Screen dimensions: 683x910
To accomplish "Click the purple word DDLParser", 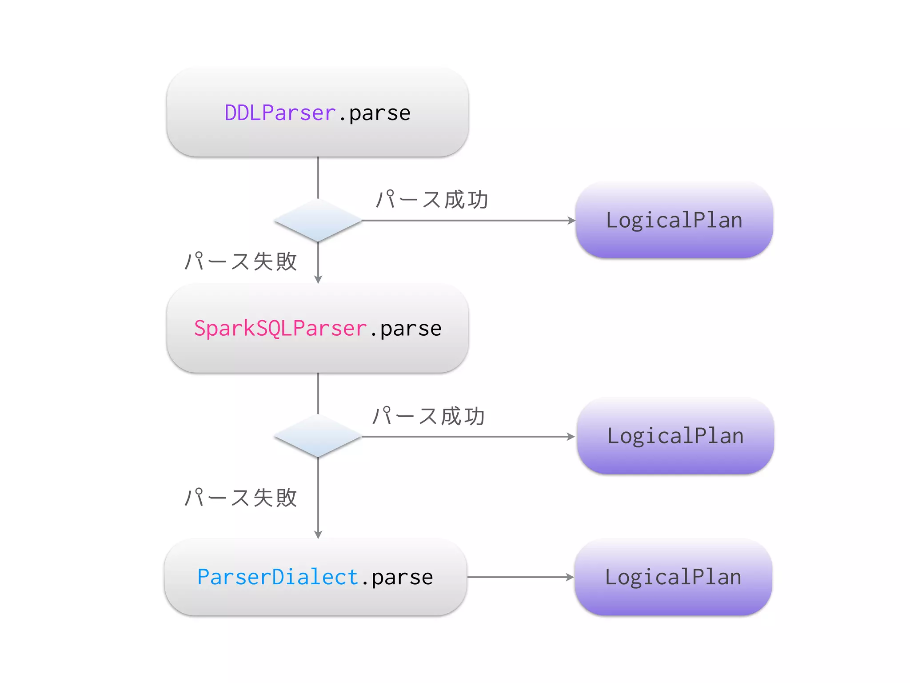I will pos(280,113).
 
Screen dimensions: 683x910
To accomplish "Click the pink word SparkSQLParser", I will pos(280,329).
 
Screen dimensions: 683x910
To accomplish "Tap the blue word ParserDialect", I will pos(277,577).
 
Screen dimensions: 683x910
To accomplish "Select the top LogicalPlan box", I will pos(674,220).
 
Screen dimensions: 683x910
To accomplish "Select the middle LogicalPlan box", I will pos(675,436).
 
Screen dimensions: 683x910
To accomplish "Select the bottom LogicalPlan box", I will pos(673,577).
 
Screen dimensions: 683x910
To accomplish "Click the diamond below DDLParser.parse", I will pos(318,221).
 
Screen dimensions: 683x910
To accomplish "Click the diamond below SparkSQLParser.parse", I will pos(318,436).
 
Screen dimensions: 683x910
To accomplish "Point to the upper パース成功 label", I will pos(432,200).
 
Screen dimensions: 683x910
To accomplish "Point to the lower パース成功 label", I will pos(428,416).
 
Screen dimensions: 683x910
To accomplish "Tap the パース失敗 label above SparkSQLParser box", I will pos(240,261).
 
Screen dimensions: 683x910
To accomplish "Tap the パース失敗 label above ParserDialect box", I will pos(240,497).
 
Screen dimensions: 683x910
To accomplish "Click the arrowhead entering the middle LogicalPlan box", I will pos(571,437).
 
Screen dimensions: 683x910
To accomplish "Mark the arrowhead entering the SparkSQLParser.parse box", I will pos(318,279).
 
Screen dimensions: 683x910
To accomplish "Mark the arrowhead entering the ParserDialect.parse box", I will pos(318,534).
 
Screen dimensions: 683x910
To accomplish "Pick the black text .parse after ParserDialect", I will pos(397,578).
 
